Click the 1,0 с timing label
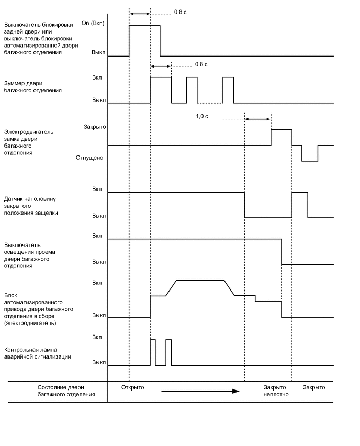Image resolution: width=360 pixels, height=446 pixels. pyautogui.click(x=202, y=116)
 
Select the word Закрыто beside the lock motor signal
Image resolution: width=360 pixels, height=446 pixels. pyautogui.click(x=95, y=127)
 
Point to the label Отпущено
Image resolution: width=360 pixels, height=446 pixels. pyautogui.click(x=90, y=157)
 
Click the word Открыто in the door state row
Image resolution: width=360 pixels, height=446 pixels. pyautogui.click(x=132, y=387)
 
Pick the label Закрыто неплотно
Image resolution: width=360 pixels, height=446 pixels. pyautogui.click(x=276, y=391)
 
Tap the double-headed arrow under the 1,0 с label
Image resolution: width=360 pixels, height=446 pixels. pyautogui.click(x=257, y=119)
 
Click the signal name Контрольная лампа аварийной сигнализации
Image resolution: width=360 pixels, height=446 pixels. pyautogui.click(x=38, y=353)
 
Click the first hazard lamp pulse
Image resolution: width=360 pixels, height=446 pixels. pyautogui.click(x=153, y=352)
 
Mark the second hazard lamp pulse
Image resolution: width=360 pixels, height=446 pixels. pyautogui.click(x=168, y=352)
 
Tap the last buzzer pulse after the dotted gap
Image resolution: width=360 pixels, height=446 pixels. pyautogui.click(x=228, y=90)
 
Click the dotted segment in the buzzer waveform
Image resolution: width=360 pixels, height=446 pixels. pyautogui.click(x=210, y=103)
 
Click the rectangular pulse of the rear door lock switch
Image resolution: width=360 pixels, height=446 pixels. pyautogui.click(x=144, y=40)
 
